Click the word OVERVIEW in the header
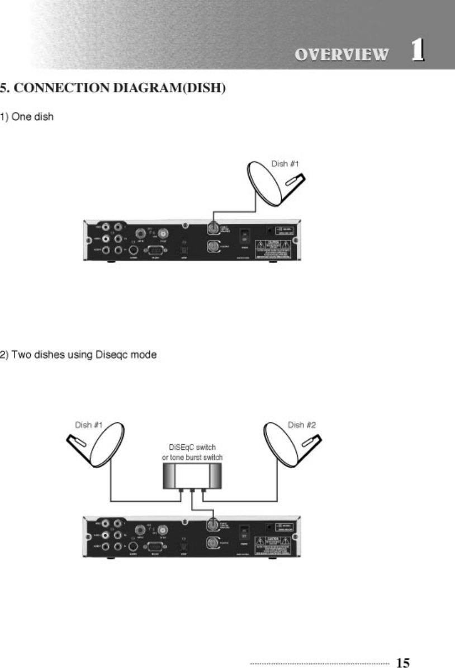[341, 54]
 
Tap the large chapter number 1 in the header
[416, 51]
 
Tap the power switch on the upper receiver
[244, 236]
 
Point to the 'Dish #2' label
[302, 425]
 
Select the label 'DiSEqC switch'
[192, 448]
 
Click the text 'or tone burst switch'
[192, 458]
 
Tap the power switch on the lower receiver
[244, 532]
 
